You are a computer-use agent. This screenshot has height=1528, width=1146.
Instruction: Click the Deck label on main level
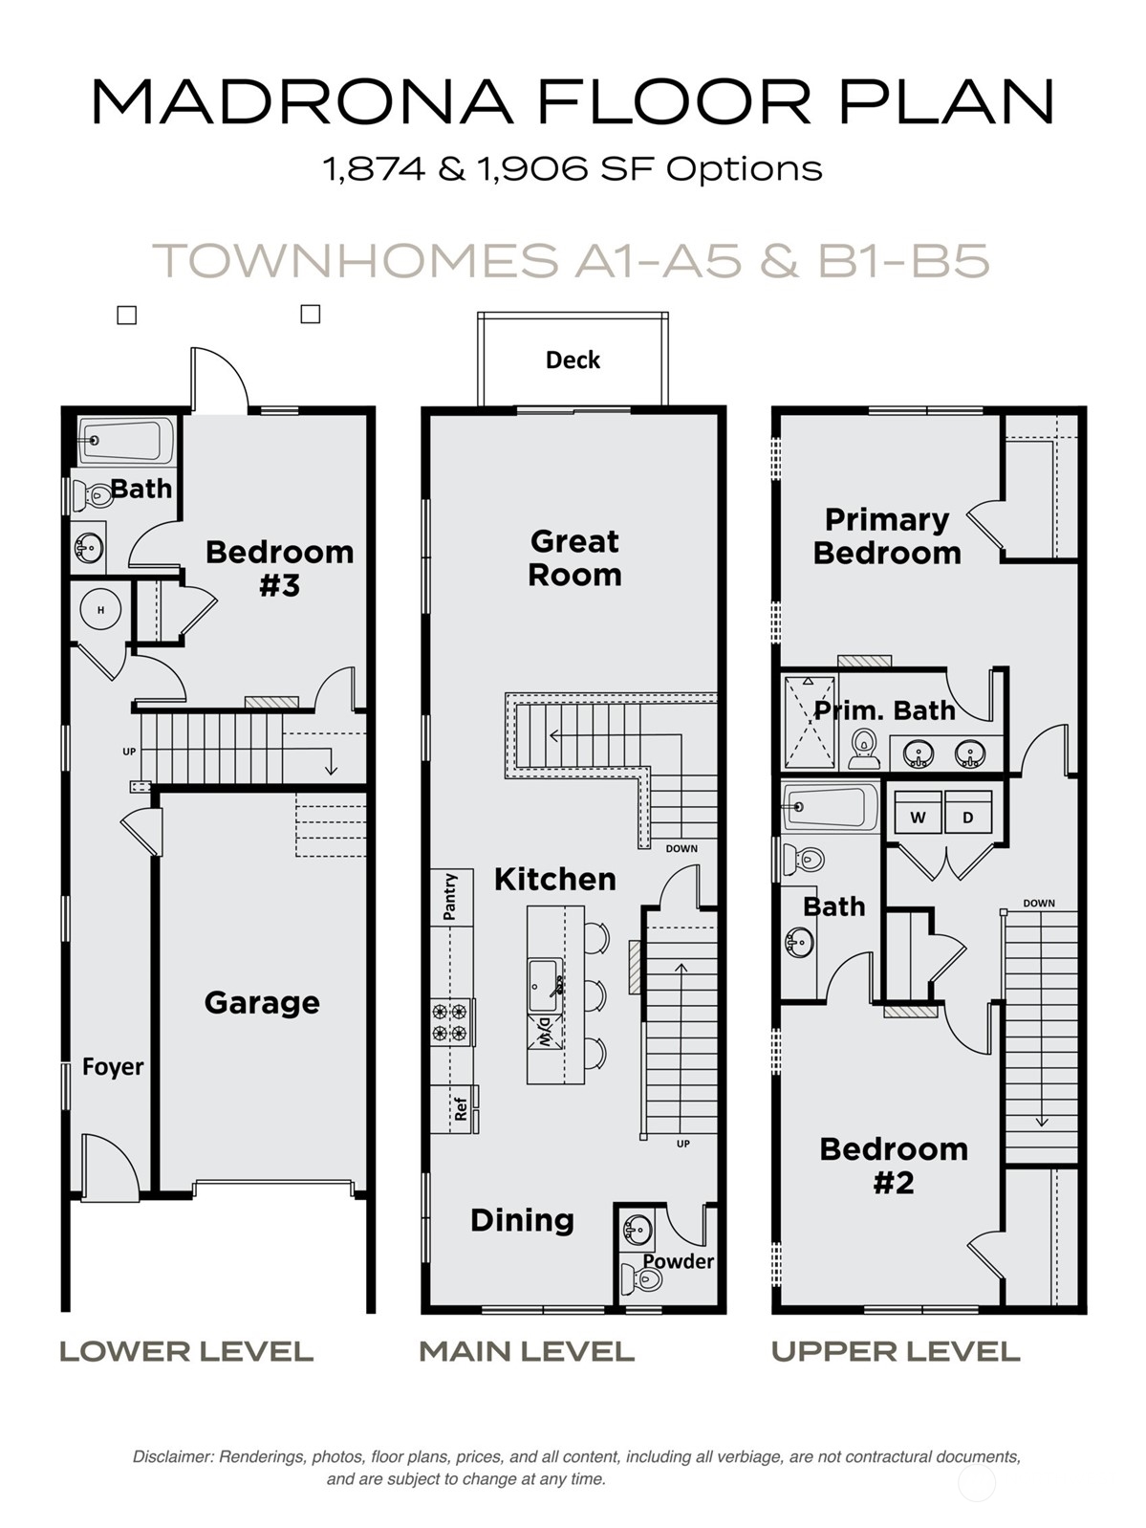(x=573, y=360)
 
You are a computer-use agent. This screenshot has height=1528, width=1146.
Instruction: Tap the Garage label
(x=262, y=1003)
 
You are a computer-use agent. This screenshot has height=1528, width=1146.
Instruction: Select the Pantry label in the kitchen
(x=450, y=896)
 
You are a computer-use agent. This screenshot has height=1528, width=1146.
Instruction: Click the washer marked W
(x=918, y=818)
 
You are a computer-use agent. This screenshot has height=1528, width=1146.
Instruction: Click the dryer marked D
(x=967, y=818)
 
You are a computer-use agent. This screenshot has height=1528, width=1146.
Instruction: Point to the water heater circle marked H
(x=99, y=609)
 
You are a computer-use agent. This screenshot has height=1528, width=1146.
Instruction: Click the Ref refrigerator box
(x=461, y=1109)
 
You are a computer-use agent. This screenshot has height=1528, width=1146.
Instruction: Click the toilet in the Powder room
(x=642, y=1278)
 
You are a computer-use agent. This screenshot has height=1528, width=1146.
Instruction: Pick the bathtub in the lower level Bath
(x=125, y=441)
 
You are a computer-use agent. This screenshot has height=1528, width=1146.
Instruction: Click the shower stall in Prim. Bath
(x=809, y=722)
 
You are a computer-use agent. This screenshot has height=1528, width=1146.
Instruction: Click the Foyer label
(x=113, y=1067)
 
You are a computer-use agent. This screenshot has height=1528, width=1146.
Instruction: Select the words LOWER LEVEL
(x=186, y=1351)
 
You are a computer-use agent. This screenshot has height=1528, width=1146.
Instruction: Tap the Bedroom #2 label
(x=894, y=1166)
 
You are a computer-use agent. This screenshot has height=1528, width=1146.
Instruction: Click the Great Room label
(x=574, y=558)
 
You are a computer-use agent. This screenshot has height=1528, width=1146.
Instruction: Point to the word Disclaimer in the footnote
(x=172, y=1457)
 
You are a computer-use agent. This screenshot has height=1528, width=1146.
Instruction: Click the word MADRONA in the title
(x=302, y=101)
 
